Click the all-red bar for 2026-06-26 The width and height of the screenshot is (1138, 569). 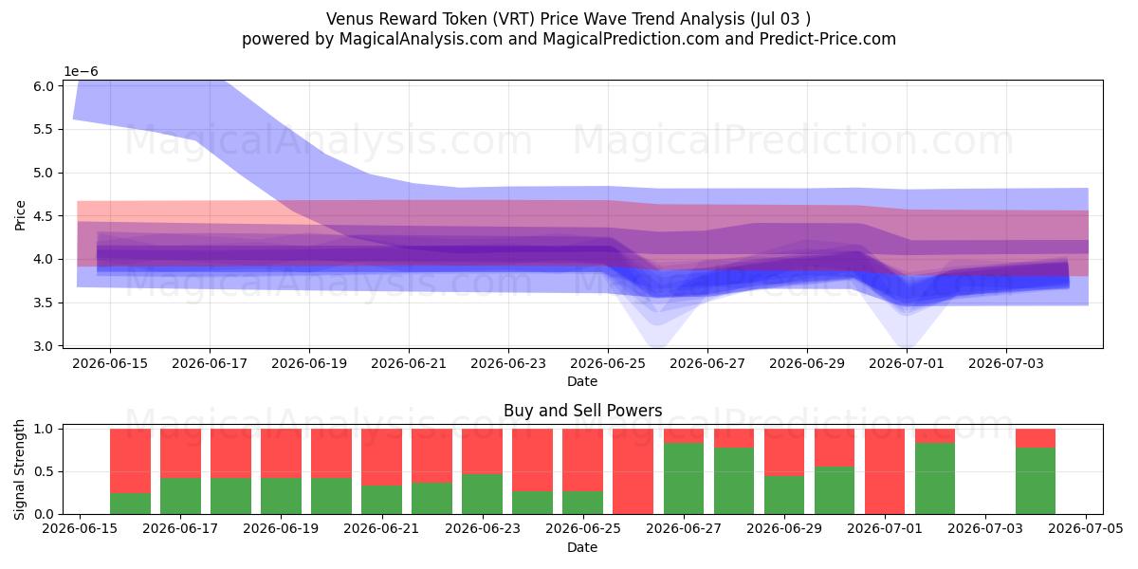[x=633, y=471]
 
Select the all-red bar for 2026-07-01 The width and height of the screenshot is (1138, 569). [x=885, y=471]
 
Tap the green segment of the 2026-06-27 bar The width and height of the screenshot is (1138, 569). [x=684, y=479]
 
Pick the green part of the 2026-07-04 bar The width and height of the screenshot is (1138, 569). [x=1036, y=481]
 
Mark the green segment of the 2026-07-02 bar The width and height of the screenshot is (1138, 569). [x=935, y=479]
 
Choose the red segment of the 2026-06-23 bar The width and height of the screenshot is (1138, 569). [x=482, y=451]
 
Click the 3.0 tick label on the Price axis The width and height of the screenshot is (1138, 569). [x=44, y=346]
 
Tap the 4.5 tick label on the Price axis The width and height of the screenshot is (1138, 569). [x=44, y=216]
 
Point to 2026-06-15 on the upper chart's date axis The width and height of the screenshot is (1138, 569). [x=110, y=364]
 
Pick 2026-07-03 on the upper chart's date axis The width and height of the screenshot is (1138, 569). [x=1006, y=364]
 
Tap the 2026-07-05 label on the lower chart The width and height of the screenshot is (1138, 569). [x=1086, y=528]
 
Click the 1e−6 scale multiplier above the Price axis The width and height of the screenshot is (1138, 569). [x=81, y=72]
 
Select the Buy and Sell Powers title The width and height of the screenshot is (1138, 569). [x=582, y=411]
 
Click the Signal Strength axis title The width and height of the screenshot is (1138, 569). [x=19, y=470]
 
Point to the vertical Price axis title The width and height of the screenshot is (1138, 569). [x=20, y=216]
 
